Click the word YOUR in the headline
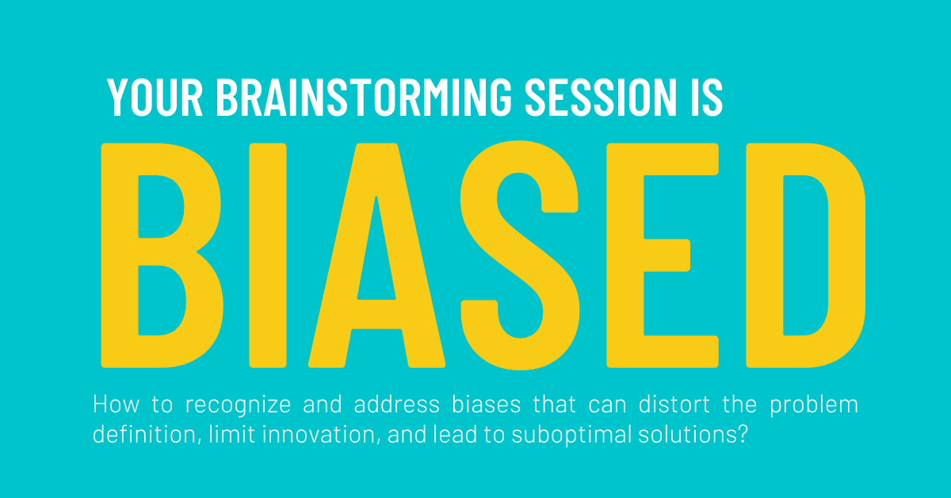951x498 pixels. (x=155, y=98)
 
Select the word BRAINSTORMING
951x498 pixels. (x=365, y=98)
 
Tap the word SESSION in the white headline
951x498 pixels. (x=601, y=98)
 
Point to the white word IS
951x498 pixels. (x=707, y=98)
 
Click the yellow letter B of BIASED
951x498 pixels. (x=128, y=255)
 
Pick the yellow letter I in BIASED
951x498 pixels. (x=268, y=255)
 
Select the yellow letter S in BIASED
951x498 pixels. (x=520, y=255)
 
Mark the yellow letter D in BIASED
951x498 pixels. (x=764, y=255)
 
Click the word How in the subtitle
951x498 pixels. (x=116, y=404)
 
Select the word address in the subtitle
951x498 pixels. (x=396, y=404)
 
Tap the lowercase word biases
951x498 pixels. (x=486, y=404)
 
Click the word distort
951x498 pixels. (x=674, y=404)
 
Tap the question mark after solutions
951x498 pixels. (x=742, y=435)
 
